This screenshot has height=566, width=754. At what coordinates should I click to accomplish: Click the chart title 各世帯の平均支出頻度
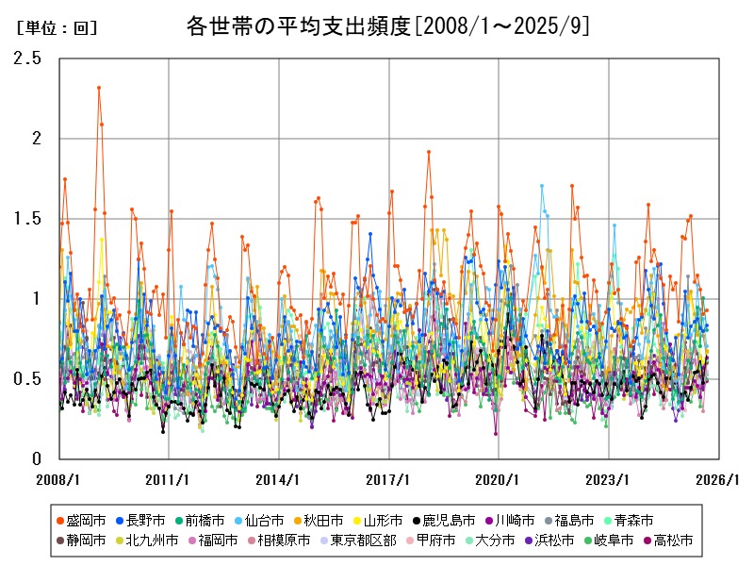388,26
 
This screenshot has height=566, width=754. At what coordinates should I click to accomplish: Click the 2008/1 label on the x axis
58,479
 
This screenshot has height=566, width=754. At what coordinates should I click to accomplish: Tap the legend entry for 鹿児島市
444,520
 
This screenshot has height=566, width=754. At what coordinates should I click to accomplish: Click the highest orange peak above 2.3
99,88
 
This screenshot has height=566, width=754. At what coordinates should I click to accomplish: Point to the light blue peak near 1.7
541,186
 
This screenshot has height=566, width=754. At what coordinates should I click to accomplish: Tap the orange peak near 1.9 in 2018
429,152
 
